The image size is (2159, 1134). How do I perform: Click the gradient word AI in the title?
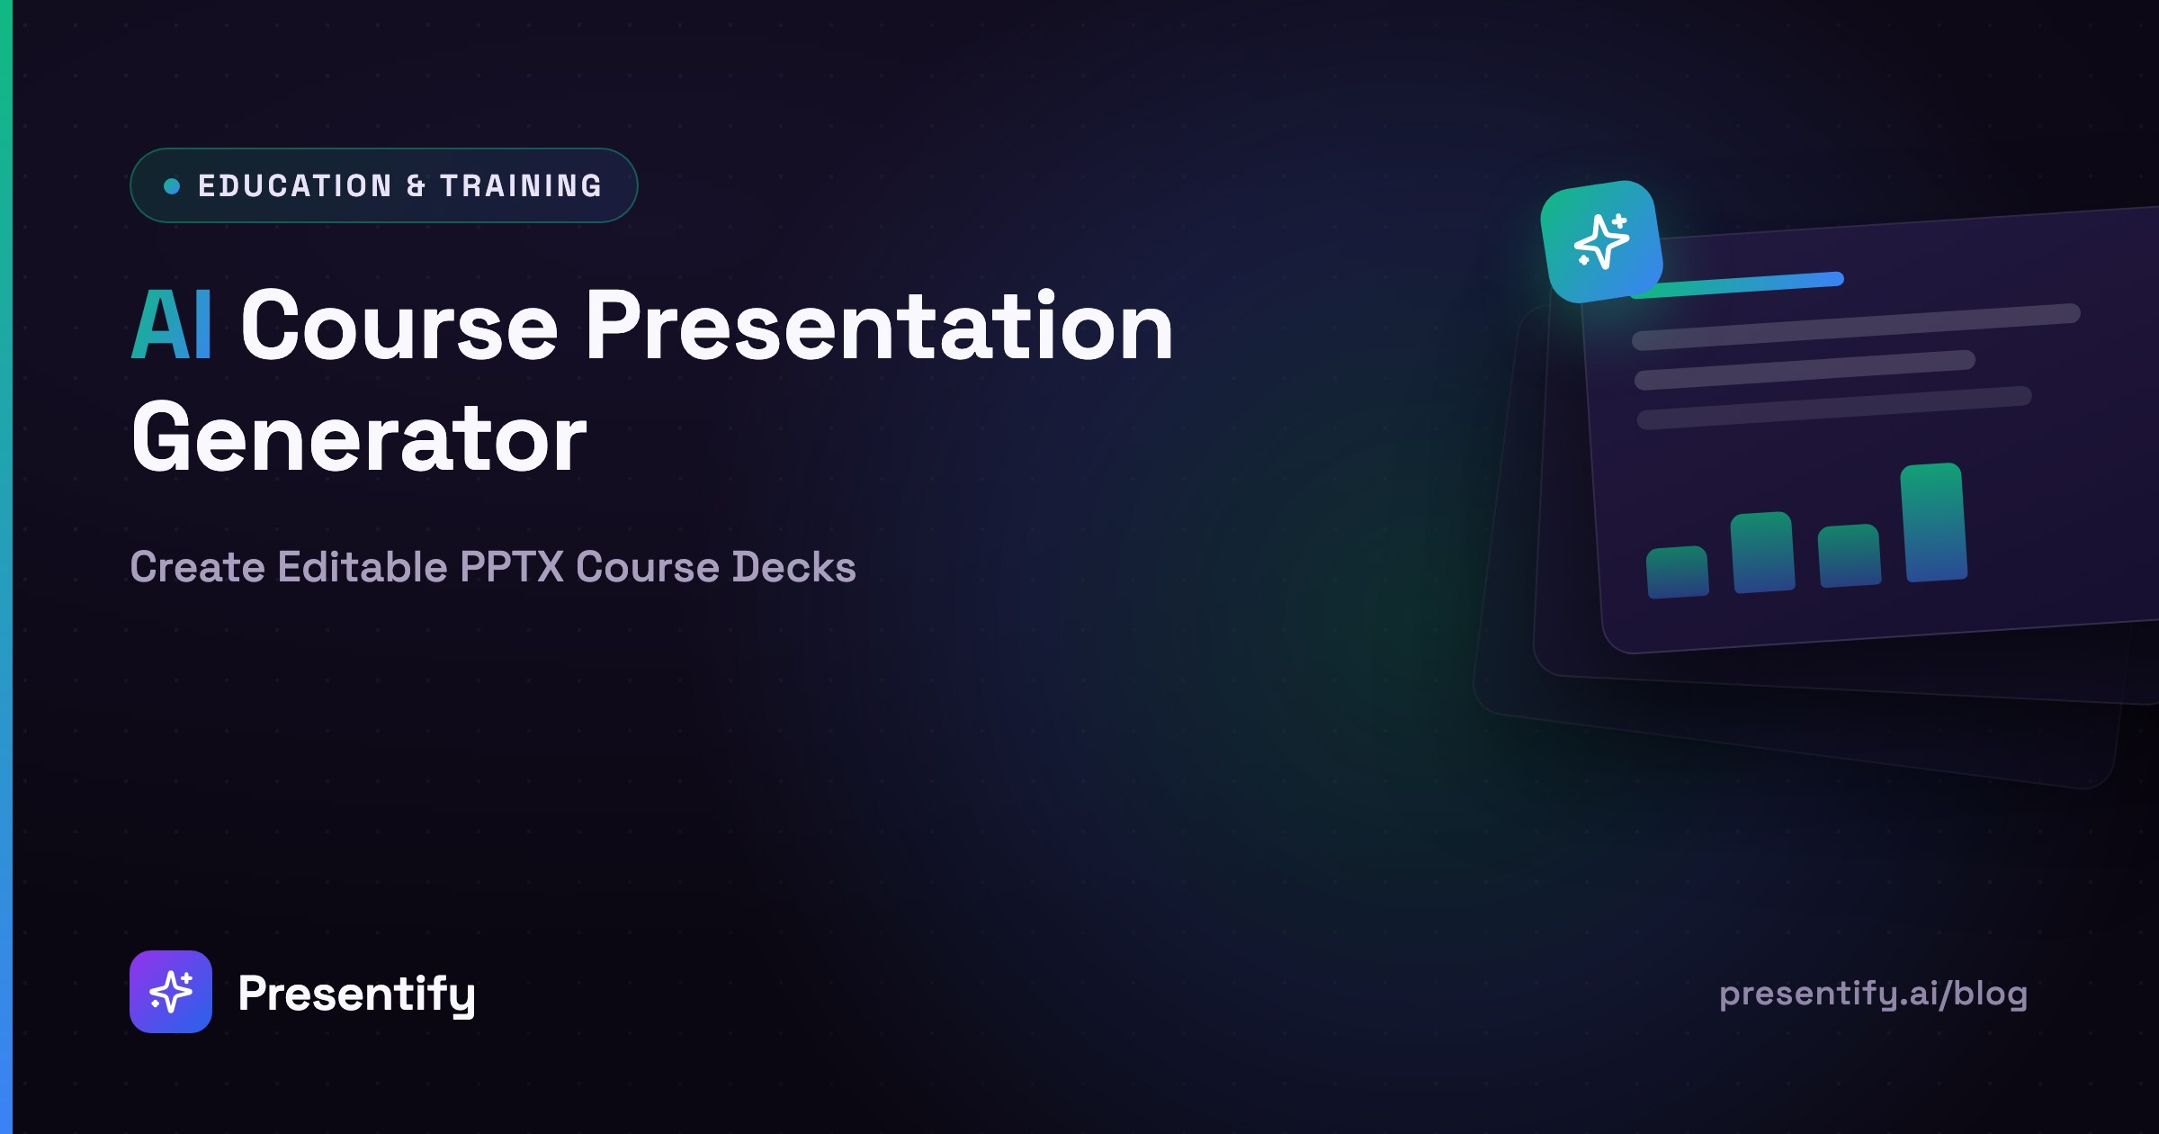172,325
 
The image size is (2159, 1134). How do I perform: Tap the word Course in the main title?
399,326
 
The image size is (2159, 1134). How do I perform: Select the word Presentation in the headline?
880,325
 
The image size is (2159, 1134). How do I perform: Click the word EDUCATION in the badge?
295,186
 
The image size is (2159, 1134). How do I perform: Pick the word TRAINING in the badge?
521,186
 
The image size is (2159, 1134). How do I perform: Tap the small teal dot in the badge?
172,186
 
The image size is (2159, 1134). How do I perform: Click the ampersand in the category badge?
416,186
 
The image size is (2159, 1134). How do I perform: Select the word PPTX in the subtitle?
511,567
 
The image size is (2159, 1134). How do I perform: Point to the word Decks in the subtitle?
793,567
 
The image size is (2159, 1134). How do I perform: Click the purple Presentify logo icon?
171,992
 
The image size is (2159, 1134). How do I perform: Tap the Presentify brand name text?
356,994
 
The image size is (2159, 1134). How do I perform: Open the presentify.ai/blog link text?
1873,994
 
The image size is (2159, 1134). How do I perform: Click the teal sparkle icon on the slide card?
1601,241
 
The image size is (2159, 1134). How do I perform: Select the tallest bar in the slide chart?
1934,523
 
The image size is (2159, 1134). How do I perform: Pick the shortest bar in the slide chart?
1678,572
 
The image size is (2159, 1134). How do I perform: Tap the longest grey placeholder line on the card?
1856,327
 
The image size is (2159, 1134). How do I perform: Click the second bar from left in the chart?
1763,553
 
